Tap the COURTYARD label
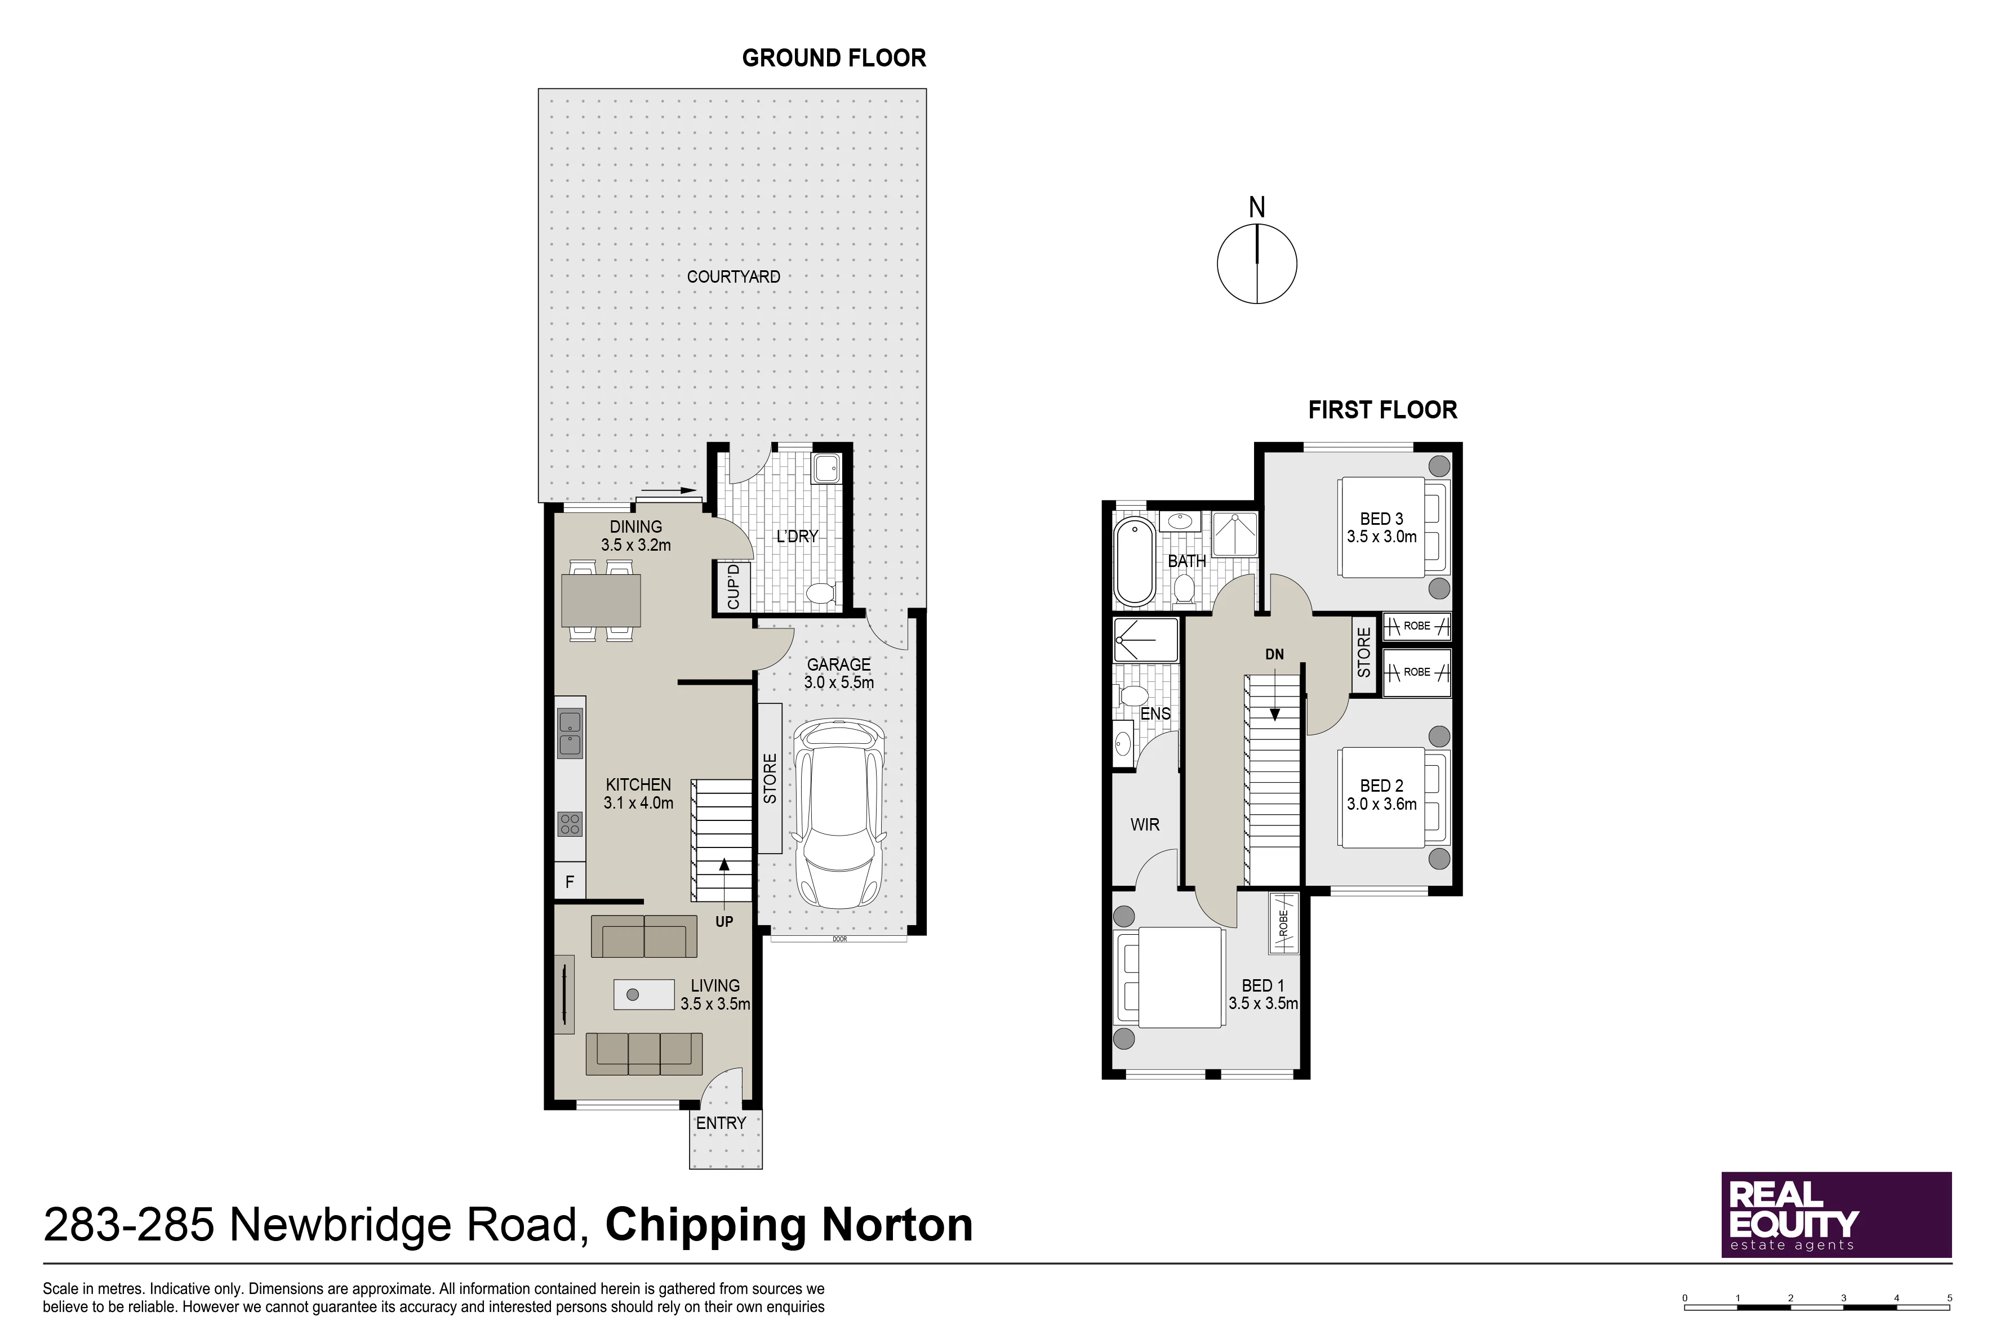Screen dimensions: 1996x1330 [x=734, y=276]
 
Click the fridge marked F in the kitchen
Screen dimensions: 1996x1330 [x=570, y=882]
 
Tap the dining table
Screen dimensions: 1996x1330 [x=601, y=600]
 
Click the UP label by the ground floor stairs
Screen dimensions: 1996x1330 [x=724, y=921]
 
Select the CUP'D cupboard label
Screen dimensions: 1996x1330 [x=734, y=586]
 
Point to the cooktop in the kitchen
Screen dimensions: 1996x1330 [x=570, y=824]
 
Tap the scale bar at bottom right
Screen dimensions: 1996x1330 [x=1817, y=1303]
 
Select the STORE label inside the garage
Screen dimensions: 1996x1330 [x=770, y=779]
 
